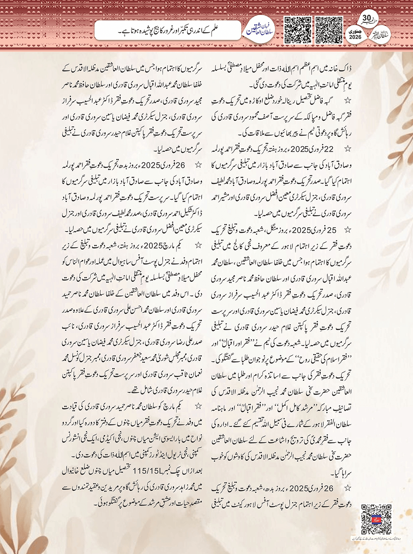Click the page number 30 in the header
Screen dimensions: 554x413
[x=367, y=18]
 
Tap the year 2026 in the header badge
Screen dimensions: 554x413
[x=355, y=37]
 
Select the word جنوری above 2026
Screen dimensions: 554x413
[x=355, y=31]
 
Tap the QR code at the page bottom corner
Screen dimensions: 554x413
[x=376, y=519]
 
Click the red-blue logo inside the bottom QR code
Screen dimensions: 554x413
[x=376, y=519]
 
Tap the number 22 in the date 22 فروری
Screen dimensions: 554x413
[x=328, y=149]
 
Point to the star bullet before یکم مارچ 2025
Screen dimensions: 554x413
[x=198, y=245]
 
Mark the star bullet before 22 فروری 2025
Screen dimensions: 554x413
[x=347, y=149]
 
